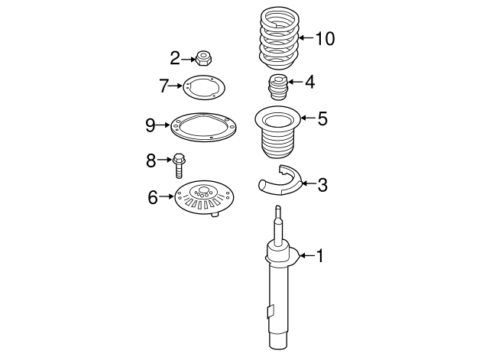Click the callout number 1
coord(320,257)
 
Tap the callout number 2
coord(174,57)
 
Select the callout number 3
coord(322,184)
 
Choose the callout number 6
coord(152,198)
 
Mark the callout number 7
coord(164,86)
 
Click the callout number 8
coord(151,161)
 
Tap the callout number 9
coord(151,125)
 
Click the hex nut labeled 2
coord(202,57)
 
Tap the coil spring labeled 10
coord(278,38)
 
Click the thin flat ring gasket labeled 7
coord(202,88)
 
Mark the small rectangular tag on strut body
coord(270,311)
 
